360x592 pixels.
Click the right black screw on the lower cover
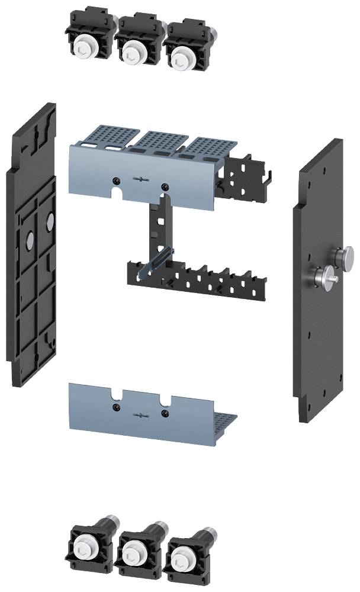pyautogui.click(x=165, y=412)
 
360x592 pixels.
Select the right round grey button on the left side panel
pyautogui.click(x=49, y=220)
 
